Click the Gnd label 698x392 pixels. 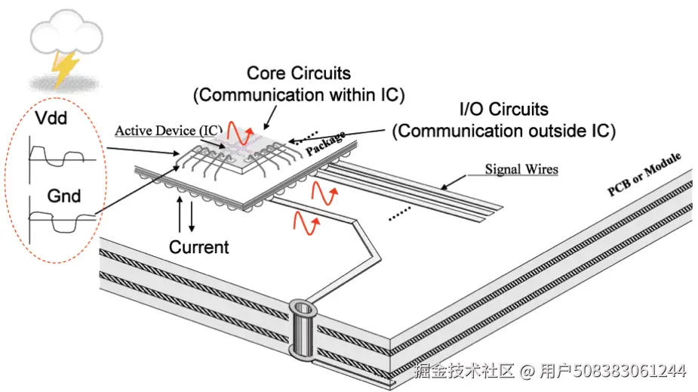[x=64, y=196]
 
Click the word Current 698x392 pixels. [x=198, y=247]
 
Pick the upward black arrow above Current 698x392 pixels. [x=178, y=213]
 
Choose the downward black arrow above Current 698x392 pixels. [x=192, y=216]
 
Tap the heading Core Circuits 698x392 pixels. [x=299, y=73]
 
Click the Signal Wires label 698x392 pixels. [x=521, y=169]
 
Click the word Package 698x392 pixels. [x=325, y=144]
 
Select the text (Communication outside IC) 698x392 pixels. [x=504, y=131]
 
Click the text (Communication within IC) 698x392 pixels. [x=299, y=95]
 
